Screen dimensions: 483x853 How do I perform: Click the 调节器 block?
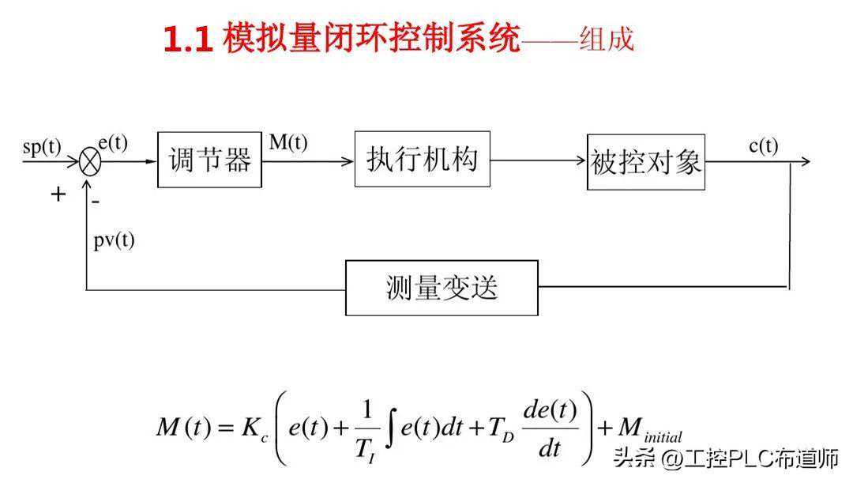[209, 160]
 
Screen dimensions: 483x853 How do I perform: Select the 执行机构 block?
[422, 159]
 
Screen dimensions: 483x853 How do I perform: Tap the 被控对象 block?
[645, 162]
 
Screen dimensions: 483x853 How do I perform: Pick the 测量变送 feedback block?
[442, 288]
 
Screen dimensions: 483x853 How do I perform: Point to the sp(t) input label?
[42, 148]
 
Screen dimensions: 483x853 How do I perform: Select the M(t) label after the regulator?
[288, 143]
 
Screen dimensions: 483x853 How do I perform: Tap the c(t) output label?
[763, 146]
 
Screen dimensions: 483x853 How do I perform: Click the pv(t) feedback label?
[114, 241]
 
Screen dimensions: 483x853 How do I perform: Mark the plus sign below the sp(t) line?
[58, 194]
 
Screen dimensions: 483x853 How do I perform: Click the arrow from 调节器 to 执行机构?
[308, 162]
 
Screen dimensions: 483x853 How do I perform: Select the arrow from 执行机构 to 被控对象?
[538, 162]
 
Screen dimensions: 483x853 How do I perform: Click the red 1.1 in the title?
[188, 40]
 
